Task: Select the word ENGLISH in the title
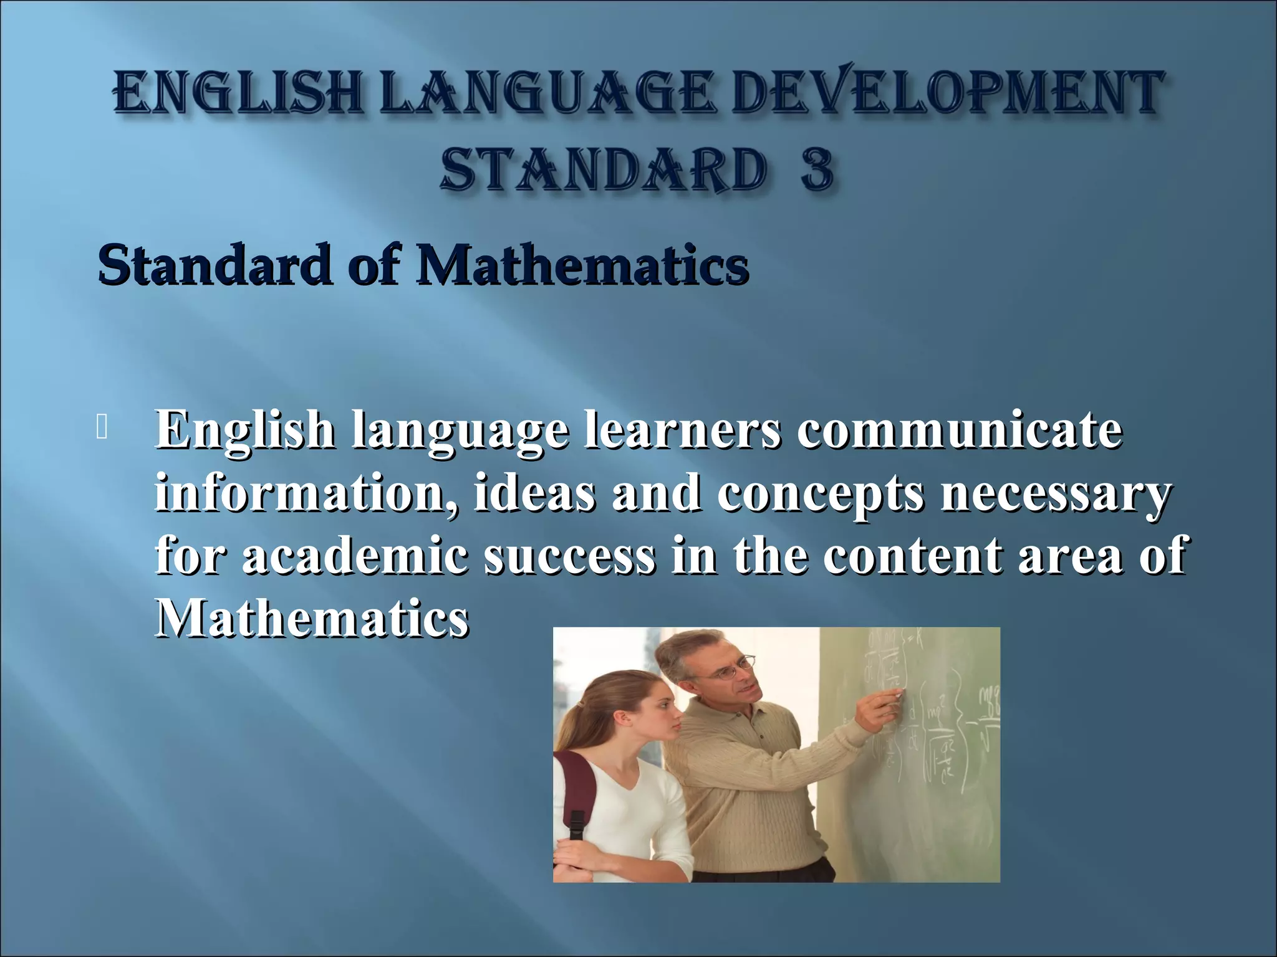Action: [x=238, y=93]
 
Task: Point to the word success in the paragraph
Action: [x=570, y=556]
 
